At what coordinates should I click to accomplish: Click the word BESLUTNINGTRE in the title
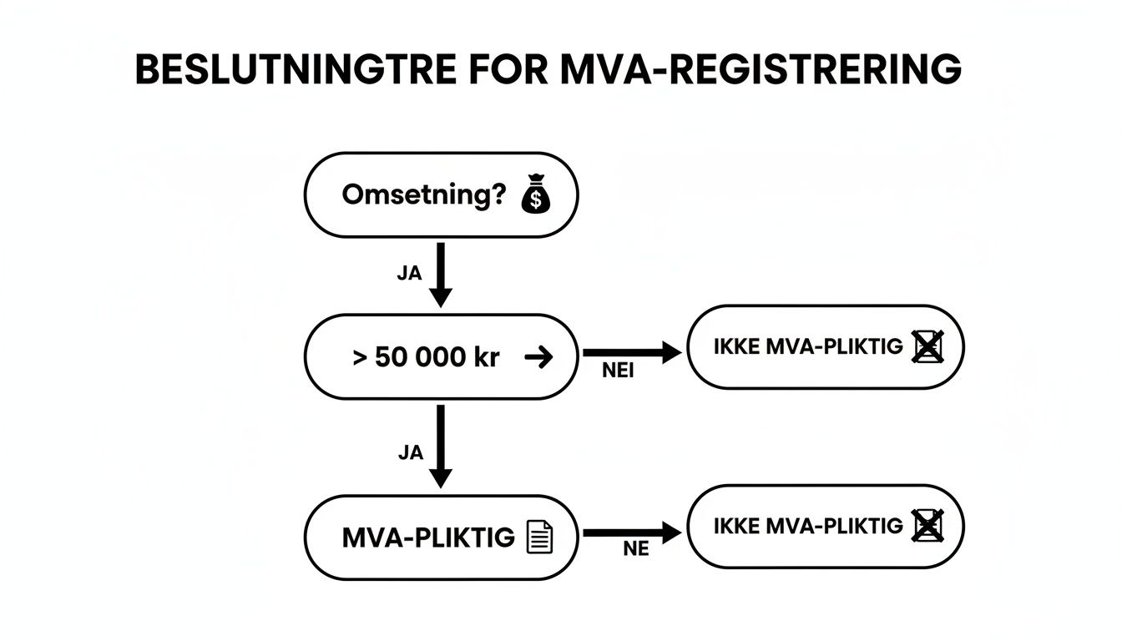pyautogui.click(x=296, y=70)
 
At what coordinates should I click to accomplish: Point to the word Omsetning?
pyautogui.click(x=423, y=196)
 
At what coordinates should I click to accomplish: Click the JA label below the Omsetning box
pyautogui.click(x=409, y=274)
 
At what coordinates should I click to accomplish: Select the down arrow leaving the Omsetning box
pyautogui.click(x=440, y=275)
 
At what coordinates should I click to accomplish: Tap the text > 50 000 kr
pyautogui.click(x=426, y=358)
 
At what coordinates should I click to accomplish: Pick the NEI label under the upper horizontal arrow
pyautogui.click(x=618, y=372)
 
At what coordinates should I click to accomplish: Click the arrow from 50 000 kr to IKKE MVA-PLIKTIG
pyautogui.click(x=632, y=353)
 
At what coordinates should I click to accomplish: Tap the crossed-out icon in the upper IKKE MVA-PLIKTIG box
pyautogui.click(x=927, y=346)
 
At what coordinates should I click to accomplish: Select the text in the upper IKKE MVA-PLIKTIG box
pyautogui.click(x=808, y=347)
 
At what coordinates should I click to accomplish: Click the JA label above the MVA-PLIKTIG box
pyautogui.click(x=410, y=453)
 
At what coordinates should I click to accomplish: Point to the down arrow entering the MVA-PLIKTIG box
pyautogui.click(x=440, y=447)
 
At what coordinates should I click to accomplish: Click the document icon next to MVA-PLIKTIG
pyautogui.click(x=540, y=537)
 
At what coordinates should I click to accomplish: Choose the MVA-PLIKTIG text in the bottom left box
pyautogui.click(x=428, y=538)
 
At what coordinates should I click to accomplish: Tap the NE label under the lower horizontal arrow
pyautogui.click(x=636, y=550)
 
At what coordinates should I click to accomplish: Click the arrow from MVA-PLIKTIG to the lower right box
pyautogui.click(x=632, y=532)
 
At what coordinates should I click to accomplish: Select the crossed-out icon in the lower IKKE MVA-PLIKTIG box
pyautogui.click(x=927, y=526)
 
